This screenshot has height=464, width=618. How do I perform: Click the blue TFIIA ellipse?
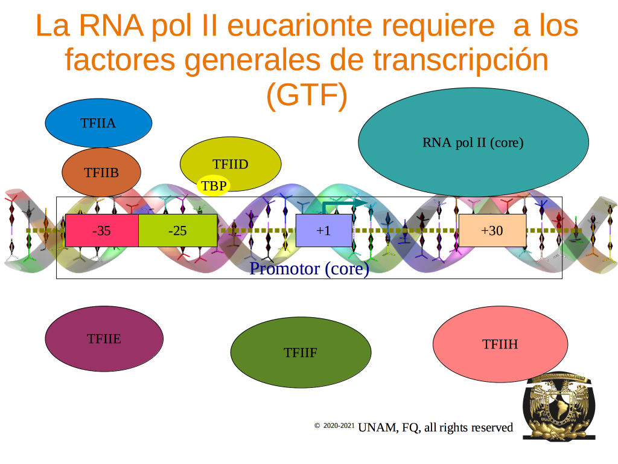pos(98,123)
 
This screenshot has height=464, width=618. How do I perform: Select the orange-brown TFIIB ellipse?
pos(101,172)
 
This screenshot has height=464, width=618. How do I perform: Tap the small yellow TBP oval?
pos(213,185)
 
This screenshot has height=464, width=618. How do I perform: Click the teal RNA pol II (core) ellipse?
pos(473,142)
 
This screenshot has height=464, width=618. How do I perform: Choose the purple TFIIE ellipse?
pos(104,338)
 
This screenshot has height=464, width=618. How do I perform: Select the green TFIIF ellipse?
pos(301,352)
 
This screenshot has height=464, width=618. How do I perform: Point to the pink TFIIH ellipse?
pos(500,344)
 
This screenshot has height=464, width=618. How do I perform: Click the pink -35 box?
pos(101,230)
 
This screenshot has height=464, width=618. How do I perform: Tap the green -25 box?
pos(178,230)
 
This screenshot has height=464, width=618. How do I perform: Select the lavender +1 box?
pos(324,230)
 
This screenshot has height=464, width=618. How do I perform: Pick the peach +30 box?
pos(492,230)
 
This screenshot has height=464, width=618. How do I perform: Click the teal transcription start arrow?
pos(342,204)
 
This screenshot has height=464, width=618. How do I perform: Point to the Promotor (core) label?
pos(310,269)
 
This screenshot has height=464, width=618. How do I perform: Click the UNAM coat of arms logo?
pos(559,406)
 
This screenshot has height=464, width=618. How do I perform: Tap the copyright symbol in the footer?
pos(317,425)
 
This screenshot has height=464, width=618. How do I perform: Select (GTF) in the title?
pos(307,95)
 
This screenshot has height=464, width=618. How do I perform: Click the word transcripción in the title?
pos(460,60)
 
